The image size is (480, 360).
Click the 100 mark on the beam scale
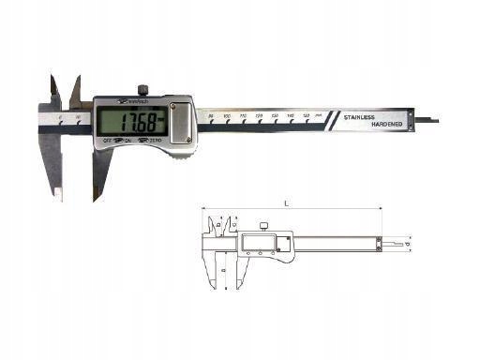click(227, 114)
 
